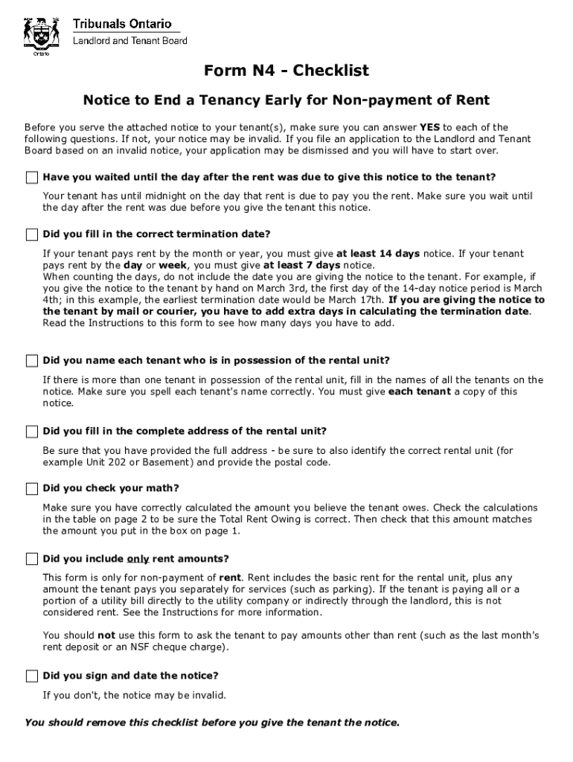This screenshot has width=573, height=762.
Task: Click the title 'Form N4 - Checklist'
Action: [x=286, y=71]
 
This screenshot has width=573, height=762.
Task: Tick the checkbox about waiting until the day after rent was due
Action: [x=31, y=177]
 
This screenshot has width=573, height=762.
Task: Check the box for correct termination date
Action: [x=31, y=234]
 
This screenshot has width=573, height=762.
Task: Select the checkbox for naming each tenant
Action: [x=31, y=361]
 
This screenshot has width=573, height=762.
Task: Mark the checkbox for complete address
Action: [x=31, y=432]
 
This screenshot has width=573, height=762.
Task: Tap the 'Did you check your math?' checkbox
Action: [x=31, y=489]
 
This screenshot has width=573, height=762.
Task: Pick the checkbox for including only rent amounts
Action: [x=31, y=559]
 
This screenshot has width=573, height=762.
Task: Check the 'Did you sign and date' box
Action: [x=31, y=676]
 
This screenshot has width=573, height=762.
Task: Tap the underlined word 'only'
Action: [x=138, y=559]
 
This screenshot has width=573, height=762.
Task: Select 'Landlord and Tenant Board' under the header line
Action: [x=129, y=41]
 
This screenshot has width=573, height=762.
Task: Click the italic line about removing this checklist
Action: [x=212, y=723]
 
